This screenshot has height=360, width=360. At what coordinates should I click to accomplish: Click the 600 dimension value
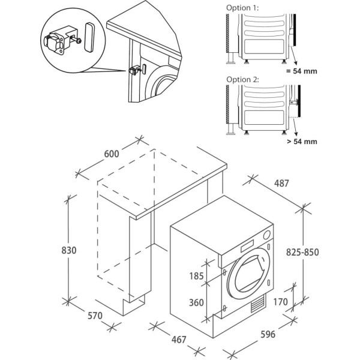coord(111,154)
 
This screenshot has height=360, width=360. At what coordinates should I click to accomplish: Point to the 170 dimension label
coord(280,301)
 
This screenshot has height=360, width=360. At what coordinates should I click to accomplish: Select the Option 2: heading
coord(243,79)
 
